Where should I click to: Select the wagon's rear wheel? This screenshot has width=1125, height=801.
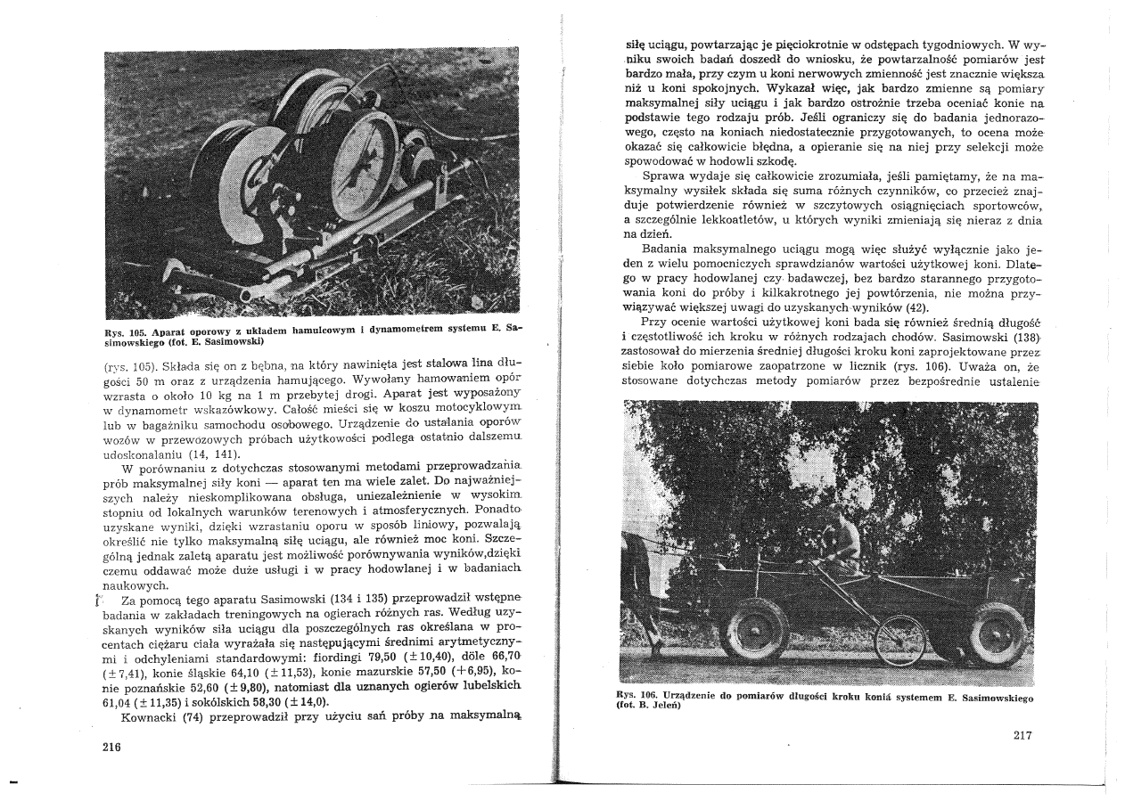coord(997,634)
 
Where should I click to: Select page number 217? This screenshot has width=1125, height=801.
coord(1023,735)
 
